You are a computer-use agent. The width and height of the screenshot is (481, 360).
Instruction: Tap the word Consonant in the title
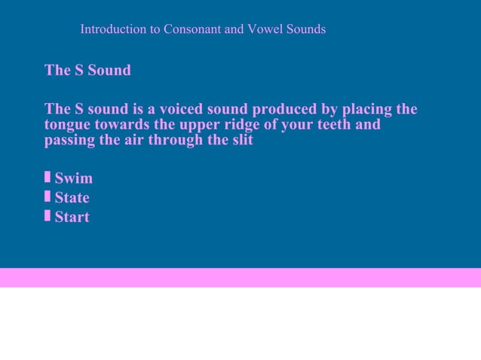191,29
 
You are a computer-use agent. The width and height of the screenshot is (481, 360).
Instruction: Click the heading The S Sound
87,70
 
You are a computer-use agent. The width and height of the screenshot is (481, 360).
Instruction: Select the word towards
121,124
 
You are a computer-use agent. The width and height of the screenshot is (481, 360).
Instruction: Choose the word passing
71,141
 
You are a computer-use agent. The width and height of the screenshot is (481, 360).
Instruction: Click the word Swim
74,178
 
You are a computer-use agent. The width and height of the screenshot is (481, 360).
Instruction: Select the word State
72,198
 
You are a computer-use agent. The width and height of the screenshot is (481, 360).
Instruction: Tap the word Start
72,218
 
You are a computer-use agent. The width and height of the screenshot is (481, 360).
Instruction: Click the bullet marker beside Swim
47,177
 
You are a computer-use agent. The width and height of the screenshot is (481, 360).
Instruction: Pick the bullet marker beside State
47,197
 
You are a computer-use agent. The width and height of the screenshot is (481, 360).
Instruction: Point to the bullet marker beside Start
47,216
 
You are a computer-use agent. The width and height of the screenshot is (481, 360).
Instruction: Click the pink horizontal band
240,277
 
